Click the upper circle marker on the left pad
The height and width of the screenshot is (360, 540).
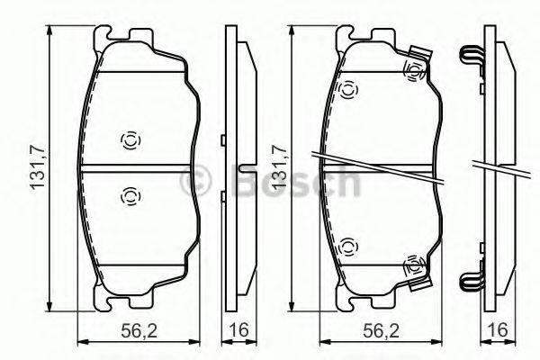click(129, 139)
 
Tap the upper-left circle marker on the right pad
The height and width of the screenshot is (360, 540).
click(347, 88)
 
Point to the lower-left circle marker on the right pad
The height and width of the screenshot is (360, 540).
click(347, 244)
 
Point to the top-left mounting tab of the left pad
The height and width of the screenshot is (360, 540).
click(102, 39)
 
